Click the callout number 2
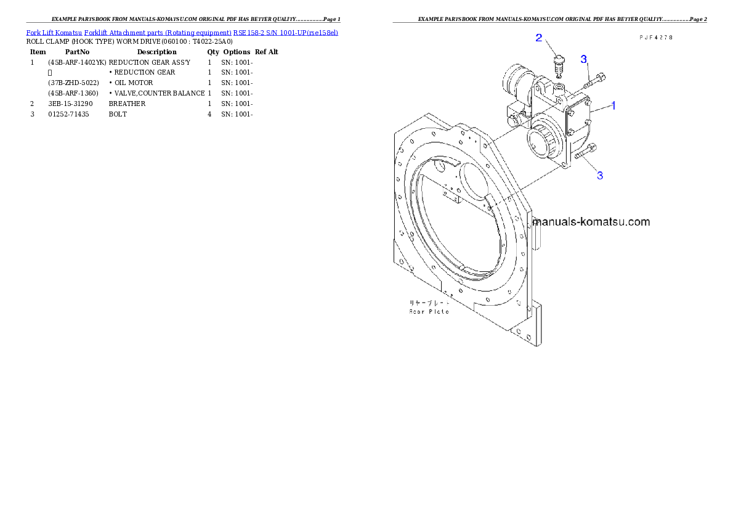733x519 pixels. pos(538,38)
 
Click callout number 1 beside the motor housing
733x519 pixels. pos(613,105)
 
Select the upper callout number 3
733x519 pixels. pos(584,59)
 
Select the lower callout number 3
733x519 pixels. pos(599,176)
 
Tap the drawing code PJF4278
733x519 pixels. pos(655,38)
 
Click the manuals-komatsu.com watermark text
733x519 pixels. pos(591,222)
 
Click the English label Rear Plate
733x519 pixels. pos(429,311)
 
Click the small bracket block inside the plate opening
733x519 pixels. pos(454,197)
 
